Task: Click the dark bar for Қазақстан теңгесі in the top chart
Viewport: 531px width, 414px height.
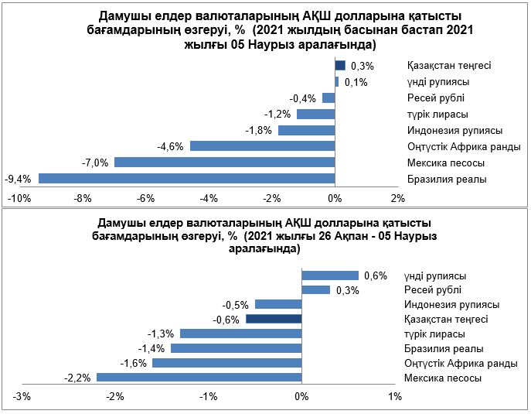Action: tap(340, 65)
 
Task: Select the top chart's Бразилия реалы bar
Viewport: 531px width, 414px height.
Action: tap(186, 179)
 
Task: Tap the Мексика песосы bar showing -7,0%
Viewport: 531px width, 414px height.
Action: tap(224, 163)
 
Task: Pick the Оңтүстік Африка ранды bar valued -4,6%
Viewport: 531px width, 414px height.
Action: tap(262, 146)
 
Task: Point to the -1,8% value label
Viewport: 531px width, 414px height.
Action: tap(259, 130)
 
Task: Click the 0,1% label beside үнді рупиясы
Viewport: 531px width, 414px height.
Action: tap(356, 81)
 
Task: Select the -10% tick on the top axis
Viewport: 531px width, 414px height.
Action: tap(19, 199)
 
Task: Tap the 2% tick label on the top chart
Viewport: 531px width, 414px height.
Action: tap(398, 199)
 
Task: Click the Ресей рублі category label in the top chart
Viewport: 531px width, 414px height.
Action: tap(437, 98)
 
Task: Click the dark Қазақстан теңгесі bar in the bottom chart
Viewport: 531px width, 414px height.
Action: tap(274, 319)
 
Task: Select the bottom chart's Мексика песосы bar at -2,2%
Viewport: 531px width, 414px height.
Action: tap(199, 378)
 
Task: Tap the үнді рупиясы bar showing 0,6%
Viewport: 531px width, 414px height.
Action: tap(330, 275)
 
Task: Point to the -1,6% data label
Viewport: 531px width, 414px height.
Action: tap(132, 363)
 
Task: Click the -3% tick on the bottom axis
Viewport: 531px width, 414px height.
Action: tap(22, 397)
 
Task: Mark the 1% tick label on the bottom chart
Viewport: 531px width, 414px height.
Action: tap(395, 397)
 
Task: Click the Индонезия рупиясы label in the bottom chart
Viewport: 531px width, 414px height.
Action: tap(451, 305)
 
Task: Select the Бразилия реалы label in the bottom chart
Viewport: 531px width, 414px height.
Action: tap(439, 348)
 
